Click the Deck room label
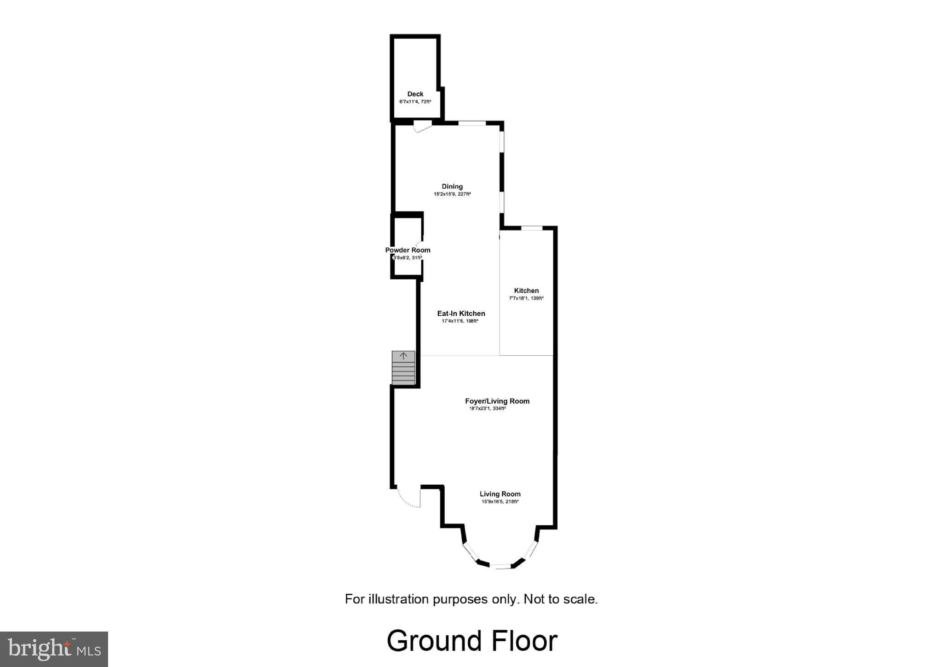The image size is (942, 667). [415, 94]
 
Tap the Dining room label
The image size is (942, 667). [452, 186]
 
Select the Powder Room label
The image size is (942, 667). [408, 250]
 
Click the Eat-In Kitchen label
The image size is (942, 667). [461, 313]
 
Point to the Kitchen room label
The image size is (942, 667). [526, 290]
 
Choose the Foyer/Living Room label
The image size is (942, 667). [497, 401]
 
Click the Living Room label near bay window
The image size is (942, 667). [500, 494]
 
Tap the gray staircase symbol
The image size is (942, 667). [403, 368]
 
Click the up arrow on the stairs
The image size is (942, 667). [403, 356]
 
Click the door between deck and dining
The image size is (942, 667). [422, 126]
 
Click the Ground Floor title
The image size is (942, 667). [472, 641]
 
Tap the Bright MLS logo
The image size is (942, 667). [54, 649]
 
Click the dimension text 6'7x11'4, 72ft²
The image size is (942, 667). [415, 102]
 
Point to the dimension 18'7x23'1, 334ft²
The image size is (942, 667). [488, 408]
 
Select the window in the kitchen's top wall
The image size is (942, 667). [532, 228]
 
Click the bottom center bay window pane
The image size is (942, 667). [500, 566]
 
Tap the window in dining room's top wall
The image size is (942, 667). [472, 123]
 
